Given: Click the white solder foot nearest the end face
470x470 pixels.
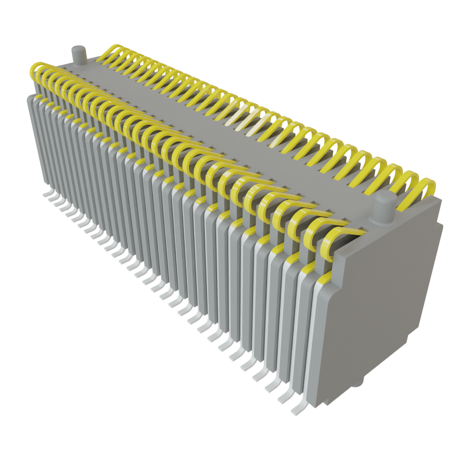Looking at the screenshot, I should pyautogui.click(x=298, y=407).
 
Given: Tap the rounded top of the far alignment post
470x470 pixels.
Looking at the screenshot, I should pyautogui.click(x=78, y=48).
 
